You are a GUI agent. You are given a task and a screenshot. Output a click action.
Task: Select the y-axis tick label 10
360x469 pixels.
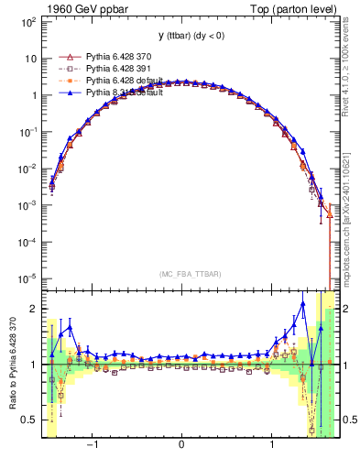tap(29, 58)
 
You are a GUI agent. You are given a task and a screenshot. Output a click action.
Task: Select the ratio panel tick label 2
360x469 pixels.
tap(33, 309)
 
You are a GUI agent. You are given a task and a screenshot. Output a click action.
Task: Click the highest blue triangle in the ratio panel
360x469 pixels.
tap(303, 304)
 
